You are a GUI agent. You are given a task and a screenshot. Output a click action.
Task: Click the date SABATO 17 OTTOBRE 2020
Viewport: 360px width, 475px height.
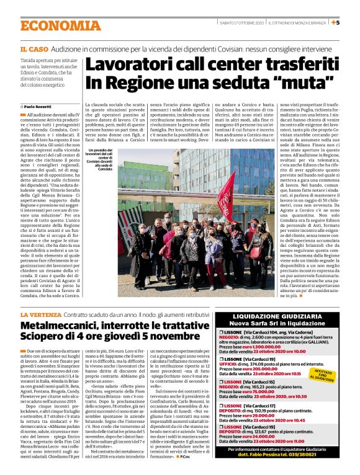click(241, 23)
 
